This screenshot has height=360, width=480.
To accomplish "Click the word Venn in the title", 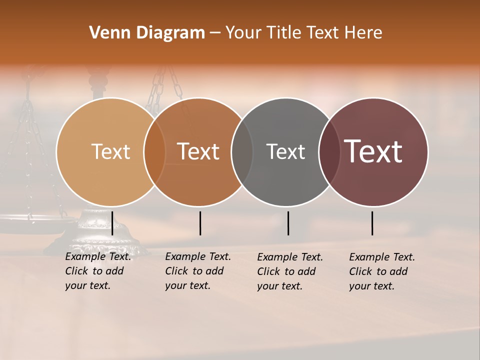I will tap(107, 33).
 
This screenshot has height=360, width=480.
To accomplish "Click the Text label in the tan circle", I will tap(110, 151).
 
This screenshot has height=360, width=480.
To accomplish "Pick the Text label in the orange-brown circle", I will tap(198, 151).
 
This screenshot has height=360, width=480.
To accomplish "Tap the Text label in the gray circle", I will tap(285, 151).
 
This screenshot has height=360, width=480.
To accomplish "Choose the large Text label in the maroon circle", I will tap(373, 151).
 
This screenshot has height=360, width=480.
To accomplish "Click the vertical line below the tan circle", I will tap(112, 223).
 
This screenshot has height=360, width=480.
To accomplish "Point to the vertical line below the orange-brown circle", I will tap(200, 223).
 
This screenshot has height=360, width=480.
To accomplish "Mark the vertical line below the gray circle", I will tap(288, 223).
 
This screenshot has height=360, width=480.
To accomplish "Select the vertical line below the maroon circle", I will tap(372, 223).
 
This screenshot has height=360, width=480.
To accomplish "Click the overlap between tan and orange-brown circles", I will tap(154, 152).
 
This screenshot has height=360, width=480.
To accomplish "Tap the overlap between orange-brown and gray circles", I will tap(242, 152).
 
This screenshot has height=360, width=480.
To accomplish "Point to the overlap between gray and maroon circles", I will tap(329, 152).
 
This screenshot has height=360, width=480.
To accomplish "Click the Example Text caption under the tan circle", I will tap(97, 271).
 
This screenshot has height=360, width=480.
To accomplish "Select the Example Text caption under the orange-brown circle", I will tap(197, 271).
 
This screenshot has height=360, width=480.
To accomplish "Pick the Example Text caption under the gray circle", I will tap(289, 271).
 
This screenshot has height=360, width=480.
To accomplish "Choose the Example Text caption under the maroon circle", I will tap(381, 271).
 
